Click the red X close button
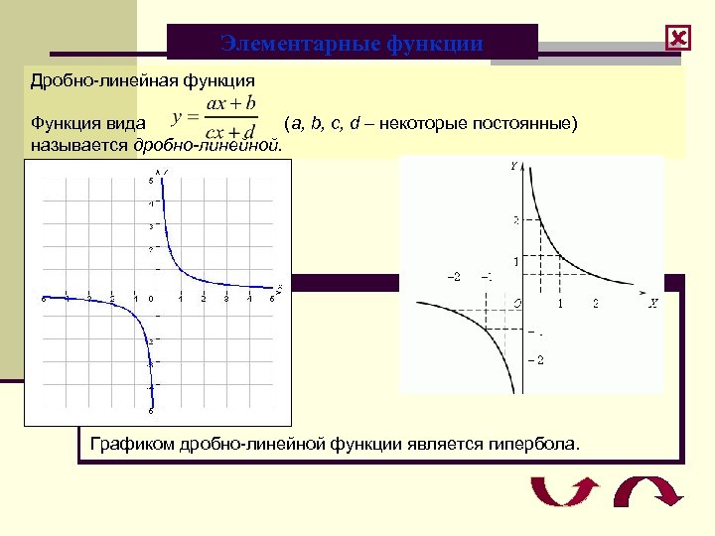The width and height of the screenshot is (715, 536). pyautogui.click(x=678, y=39)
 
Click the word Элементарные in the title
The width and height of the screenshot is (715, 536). pyautogui.click(x=283, y=44)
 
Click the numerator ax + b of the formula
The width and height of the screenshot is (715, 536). pyautogui.click(x=230, y=103)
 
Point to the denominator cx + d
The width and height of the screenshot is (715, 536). pyautogui.click(x=229, y=132)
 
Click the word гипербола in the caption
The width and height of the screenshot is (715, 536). pyautogui.click(x=531, y=443)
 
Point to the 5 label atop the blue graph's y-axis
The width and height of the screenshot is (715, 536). pyautogui.click(x=151, y=181)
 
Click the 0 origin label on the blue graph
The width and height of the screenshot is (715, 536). pyautogui.click(x=151, y=299)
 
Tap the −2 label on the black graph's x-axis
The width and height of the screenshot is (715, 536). pyautogui.click(x=453, y=276)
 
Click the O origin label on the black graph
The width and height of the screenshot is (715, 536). pyautogui.click(x=516, y=302)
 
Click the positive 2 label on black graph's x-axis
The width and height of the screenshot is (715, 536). pyautogui.click(x=595, y=303)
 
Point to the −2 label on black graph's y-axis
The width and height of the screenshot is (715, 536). pyautogui.click(x=535, y=358)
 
